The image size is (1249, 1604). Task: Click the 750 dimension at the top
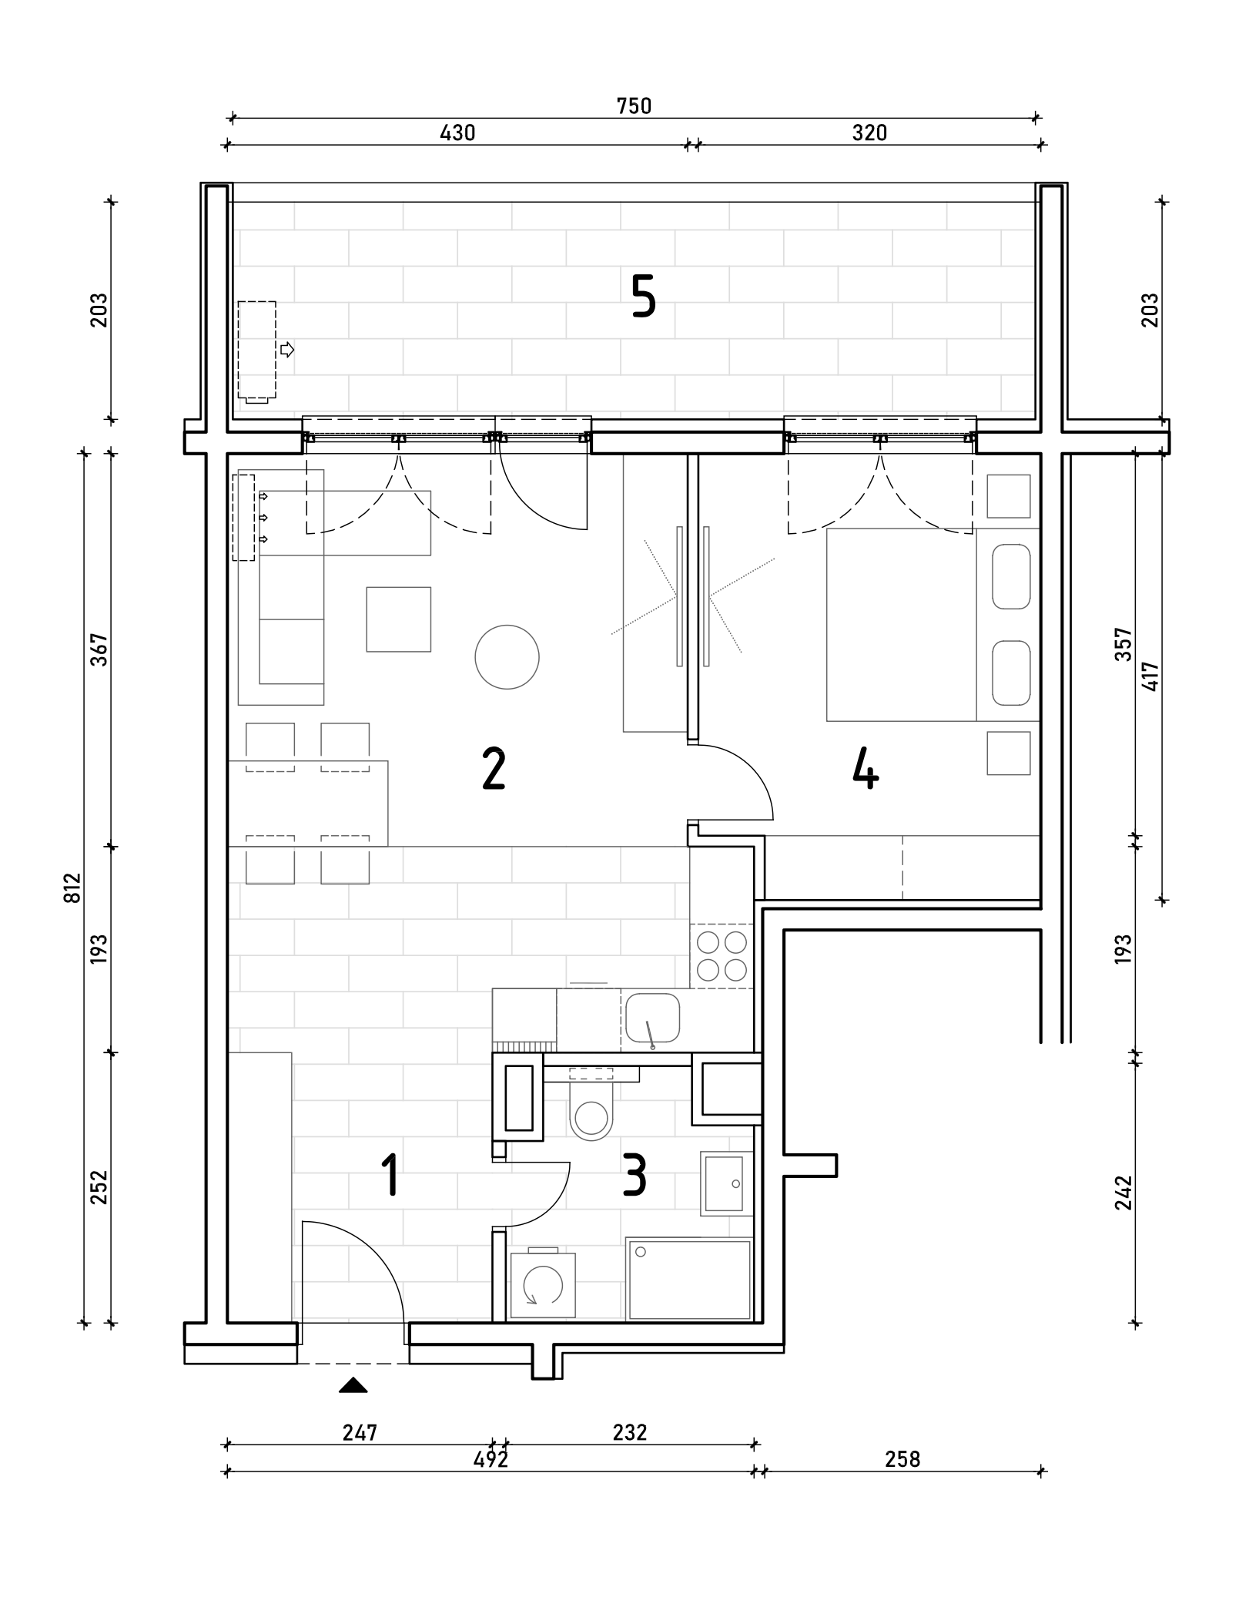pyautogui.click(x=634, y=106)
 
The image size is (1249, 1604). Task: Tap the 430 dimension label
pyautogui.click(x=457, y=133)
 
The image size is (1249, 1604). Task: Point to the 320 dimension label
pyautogui.click(x=869, y=133)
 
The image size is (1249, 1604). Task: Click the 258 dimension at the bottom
pyautogui.click(x=902, y=1459)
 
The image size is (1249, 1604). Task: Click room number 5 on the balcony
pyautogui.click(x=644, y=297)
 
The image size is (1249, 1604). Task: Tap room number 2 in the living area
pyautogui.click(x=494, y=770)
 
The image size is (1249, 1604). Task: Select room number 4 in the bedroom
pyautogui.click(x=866, y=770)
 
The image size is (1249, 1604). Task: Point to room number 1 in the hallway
pyautogui.click(x=391, y=1175)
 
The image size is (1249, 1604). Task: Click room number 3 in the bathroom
pyautogui.click(x=635, y=1175)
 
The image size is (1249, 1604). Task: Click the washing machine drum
pyautogui.click(x=543, y=1286)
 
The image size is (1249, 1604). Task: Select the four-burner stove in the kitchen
pyautogui.click(x=722, y=956)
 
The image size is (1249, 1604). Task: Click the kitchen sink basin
pyautogui.click(x=652, y=1017)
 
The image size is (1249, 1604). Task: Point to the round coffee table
pyautogui.click(x=507, y=656)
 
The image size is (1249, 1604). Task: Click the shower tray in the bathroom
pyautogui.click(x=689, y=1280)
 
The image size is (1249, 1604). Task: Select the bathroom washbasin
pyautogui.click(x=726, y=1183)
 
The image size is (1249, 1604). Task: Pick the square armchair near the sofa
pyautogui.click(x=398, y=619)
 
